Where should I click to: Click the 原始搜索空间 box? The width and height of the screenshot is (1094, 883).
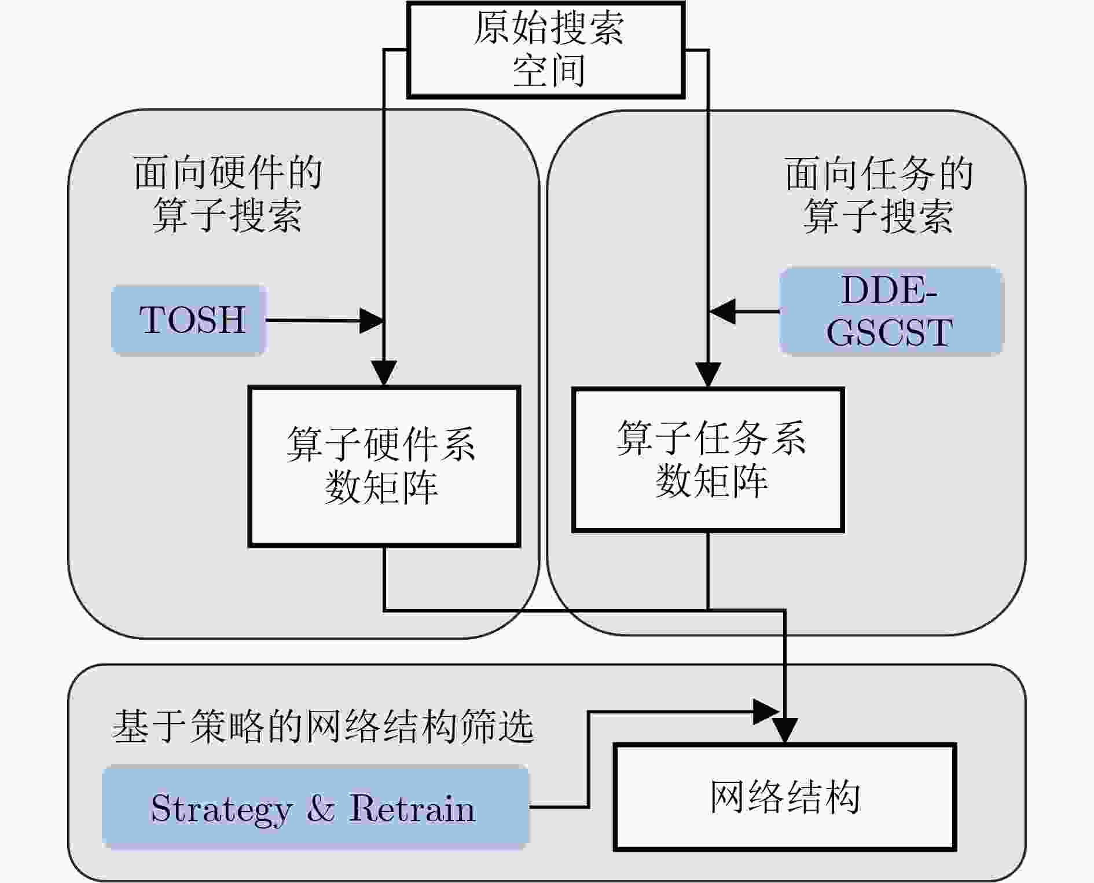click(546, 50)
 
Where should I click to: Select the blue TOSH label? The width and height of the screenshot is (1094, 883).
click(189, 320)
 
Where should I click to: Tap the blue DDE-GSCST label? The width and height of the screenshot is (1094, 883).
click(890, 311)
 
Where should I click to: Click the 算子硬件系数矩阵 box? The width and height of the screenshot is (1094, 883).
click(384, 466)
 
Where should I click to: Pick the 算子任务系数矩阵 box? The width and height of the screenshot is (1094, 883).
click(707, 460)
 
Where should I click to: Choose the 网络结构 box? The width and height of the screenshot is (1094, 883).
click(784, 797)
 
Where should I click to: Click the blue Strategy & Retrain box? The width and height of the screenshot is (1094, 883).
click(315, 808)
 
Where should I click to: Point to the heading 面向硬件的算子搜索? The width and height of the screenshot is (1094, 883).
click(227, 194)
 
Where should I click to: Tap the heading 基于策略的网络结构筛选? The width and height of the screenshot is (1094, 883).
click(322, 726)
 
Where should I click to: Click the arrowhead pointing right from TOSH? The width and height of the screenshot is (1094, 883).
click(372, 320)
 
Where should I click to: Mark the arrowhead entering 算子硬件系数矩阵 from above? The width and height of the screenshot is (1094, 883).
click(384, 373)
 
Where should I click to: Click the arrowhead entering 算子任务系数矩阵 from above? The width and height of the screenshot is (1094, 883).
click(708, 374)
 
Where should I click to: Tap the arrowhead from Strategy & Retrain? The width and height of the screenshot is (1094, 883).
click(765, 712)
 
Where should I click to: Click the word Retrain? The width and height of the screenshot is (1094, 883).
click(412, 808)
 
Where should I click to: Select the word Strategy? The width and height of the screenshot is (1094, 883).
click(221, 809)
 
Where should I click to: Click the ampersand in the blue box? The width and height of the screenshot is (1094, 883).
click(321, 808)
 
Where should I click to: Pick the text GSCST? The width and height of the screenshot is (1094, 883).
click(889, 332)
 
